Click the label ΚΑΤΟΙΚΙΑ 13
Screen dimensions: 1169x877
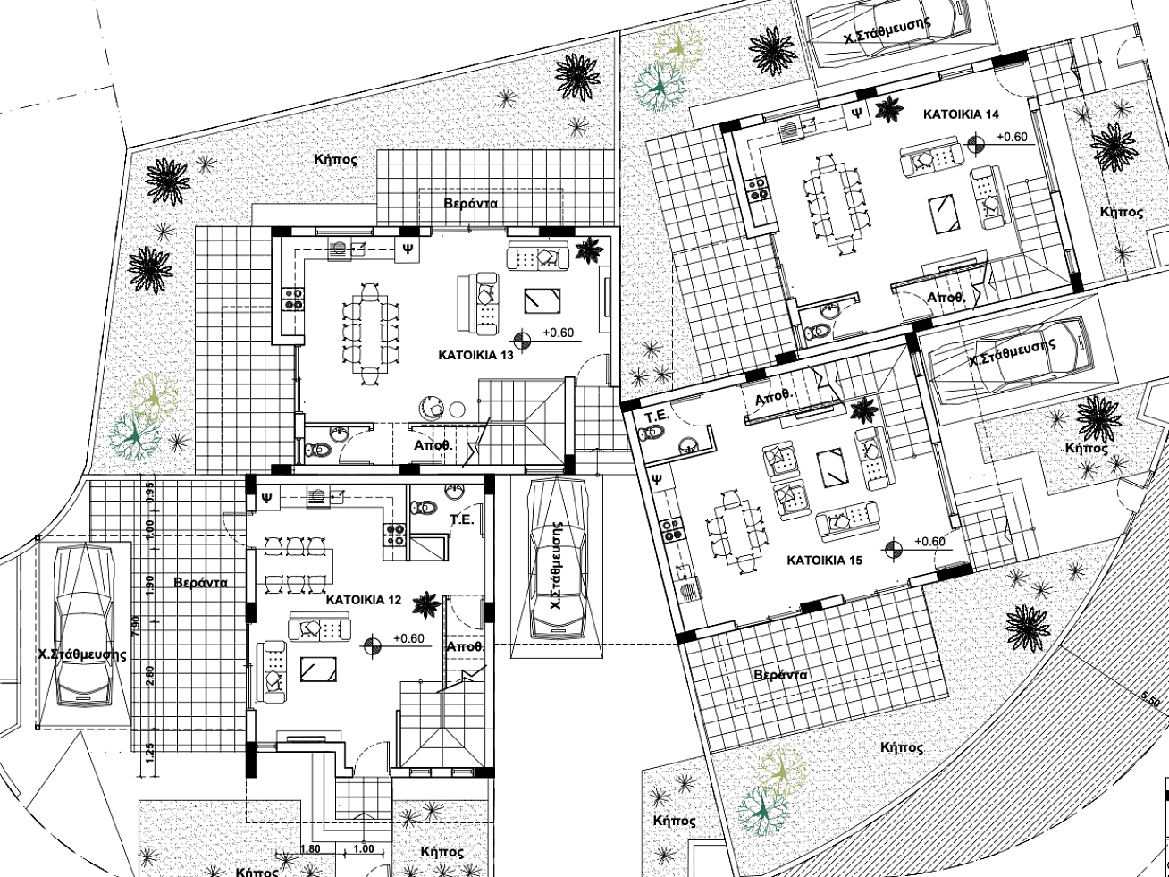pos(475,355)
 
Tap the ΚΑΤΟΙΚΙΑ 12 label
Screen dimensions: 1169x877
pos(364,600)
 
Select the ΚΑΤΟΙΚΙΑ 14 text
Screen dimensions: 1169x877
pos(961,114)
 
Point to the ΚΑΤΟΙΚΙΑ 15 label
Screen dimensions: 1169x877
pos(824,561)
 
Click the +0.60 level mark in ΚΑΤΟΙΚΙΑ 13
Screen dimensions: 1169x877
pos(559,333)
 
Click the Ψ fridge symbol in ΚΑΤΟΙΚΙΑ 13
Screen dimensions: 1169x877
pos(408,249)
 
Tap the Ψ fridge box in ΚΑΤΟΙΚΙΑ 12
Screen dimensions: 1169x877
pos(267,498)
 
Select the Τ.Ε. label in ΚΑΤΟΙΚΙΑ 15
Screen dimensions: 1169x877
pos(657,416)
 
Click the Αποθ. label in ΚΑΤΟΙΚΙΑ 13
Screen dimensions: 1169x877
pos(433,445)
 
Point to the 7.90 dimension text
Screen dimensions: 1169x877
pos(135,627)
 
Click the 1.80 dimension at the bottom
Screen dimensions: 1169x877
pos(310,848)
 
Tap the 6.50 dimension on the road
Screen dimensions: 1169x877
pos(1150,698)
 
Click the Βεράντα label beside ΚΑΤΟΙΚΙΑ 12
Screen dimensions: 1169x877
pos(201,583)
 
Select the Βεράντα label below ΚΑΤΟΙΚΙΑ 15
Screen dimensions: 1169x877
pos(781,675)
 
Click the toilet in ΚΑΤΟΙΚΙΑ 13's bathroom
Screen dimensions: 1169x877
pos(318,451)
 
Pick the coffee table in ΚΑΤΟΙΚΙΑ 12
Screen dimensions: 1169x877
pos(318,670)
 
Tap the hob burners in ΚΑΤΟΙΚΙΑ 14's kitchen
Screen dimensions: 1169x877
pos(757,190)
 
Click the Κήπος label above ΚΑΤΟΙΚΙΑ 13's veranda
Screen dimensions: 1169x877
pos(335,158)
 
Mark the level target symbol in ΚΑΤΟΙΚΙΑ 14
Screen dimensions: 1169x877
pos(975,144)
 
